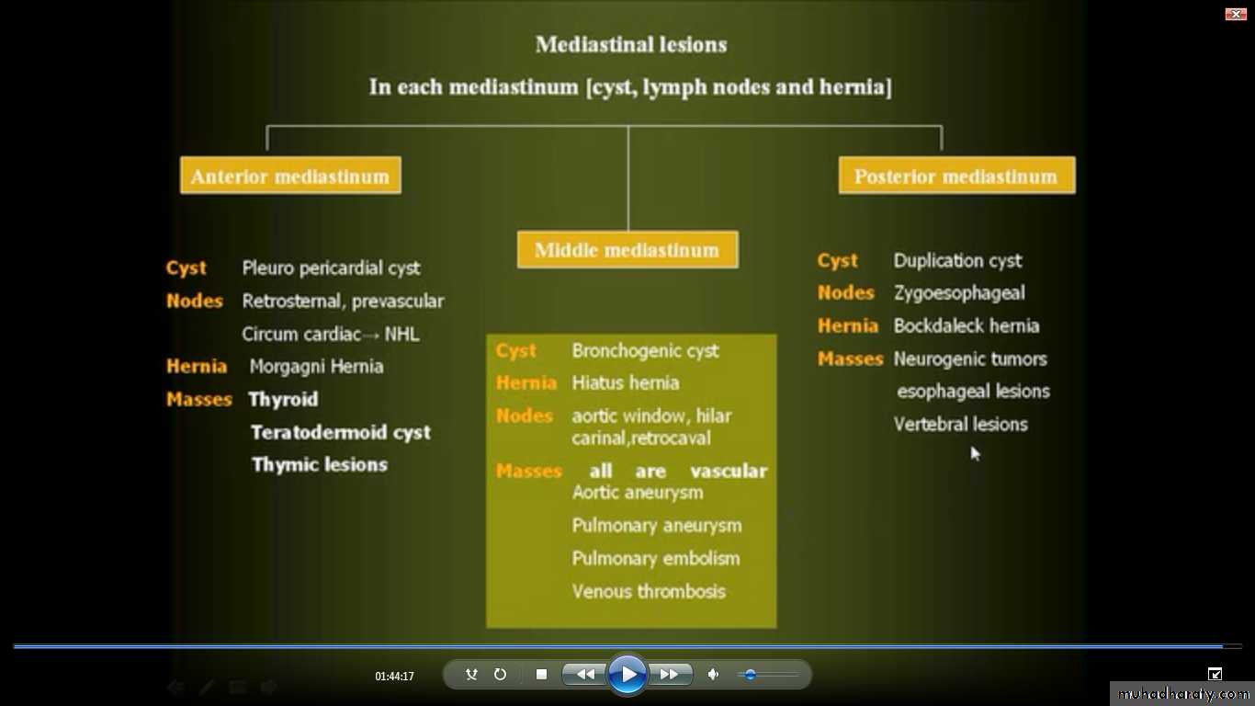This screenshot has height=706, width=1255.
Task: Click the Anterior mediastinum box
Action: pos(290,176)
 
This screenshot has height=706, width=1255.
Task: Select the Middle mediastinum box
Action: pos(627,249)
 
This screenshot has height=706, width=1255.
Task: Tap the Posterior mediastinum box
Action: pos(956,176)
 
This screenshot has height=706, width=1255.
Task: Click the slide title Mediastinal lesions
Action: pos(631,45)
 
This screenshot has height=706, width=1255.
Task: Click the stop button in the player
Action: pos(541,674)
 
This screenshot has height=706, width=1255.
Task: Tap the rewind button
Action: pos(585,674)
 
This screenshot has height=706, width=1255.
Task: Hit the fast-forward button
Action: pos(669,674)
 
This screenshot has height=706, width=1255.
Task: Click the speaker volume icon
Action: pos(713,674)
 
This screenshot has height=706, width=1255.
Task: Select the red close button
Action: pos(1236,14)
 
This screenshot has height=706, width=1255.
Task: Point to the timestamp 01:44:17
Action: pos(394,677)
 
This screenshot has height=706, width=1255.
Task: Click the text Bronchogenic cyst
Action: pos(645,351)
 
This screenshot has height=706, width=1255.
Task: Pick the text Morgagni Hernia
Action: pos(317,367)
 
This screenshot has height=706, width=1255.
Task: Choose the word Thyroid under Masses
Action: pos(284,399)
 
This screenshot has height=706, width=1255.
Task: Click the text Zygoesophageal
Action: pos(959,292)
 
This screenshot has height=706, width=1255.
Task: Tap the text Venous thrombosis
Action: pos(649,591)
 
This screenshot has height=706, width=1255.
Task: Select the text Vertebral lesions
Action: pos(960,425)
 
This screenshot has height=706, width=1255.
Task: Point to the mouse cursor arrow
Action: pos(975,453)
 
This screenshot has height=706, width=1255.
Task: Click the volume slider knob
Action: pos(750,675)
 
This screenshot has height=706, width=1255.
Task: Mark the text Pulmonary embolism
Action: pos(655,559)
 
